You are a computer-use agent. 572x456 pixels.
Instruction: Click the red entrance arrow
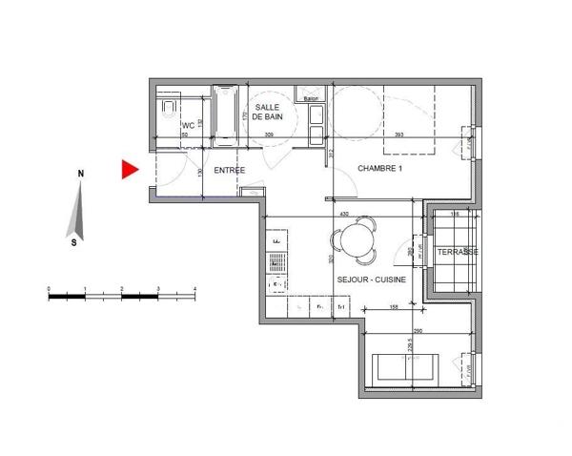[129, 171]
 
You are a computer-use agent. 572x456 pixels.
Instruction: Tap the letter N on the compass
[82, 174]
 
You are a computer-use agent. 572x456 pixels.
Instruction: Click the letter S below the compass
[74, 242]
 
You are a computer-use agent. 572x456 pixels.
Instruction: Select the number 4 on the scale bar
[194, 287]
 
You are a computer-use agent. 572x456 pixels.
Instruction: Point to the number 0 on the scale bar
[49, 287]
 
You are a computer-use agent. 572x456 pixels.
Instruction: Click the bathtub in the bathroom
[226, 117]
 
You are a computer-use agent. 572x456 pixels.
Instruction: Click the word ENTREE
[229, 170]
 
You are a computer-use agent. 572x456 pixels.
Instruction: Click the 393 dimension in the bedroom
[399, 135]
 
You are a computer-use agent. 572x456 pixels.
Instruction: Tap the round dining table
[357, 238]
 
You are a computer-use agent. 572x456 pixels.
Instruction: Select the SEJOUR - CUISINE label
[372, 280]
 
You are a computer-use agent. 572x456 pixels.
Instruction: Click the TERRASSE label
[459, 251]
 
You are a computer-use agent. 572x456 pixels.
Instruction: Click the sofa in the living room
[407, 366]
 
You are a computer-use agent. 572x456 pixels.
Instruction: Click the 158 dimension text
[394, 307]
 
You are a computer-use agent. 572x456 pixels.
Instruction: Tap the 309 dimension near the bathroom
[269, 135]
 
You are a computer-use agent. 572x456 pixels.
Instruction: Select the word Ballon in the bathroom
[310, 98]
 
